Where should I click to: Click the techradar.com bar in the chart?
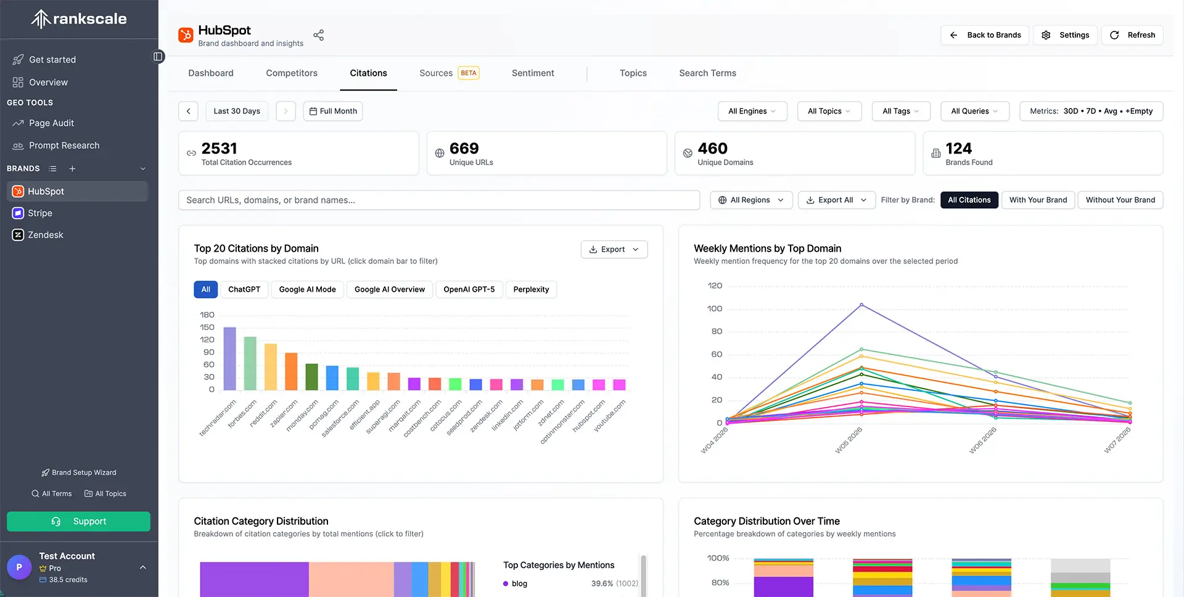click(x=229, y=359)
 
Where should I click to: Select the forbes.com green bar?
click(x=250, y=363)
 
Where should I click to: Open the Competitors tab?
click(x=292, y=73)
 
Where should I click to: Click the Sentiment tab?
click(x=533, y=73)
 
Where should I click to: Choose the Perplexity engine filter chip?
click(x=531, y=289)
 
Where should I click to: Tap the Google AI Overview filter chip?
click(x=390, y=289)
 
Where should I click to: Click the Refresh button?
click(x=1132, y=35)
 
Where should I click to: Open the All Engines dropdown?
click(x=752, y=111)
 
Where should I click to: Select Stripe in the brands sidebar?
click(x=40, y=213)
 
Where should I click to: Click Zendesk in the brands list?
click(x=45, y=235)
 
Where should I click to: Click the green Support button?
click(x=78, y=521)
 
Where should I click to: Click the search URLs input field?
click(x=439, y=200)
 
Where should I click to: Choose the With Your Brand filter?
click(x=1038, y=200)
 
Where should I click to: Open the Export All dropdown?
click(x=836, y=200)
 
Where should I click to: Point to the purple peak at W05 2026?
click(x=861, y=305)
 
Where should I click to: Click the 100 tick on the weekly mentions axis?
click(x=715, y=308)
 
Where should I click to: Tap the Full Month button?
click(x=333, y=111)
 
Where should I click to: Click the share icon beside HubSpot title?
click(x=318, y=35)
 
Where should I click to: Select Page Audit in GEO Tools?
click(x=51, y=123)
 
